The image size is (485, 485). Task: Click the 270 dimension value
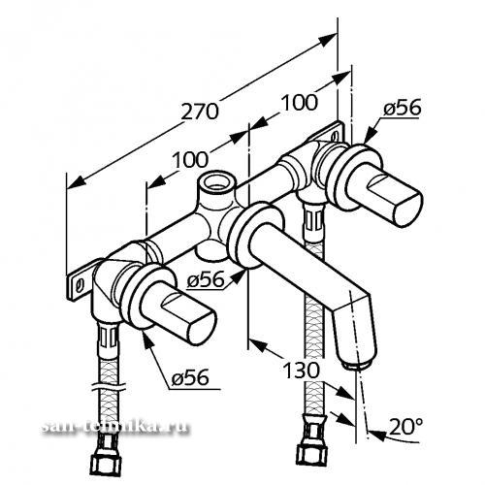pyautogui.click(x=200, y=112)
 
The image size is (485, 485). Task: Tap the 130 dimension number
pyautogui.click(x=301, y=371)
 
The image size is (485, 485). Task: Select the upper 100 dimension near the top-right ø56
pyautogui.click(x=300, y=103)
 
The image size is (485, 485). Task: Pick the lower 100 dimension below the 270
pyautogui.click(x=190, y=159)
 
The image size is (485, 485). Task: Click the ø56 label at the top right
pyautogui.click(x=403, y=108)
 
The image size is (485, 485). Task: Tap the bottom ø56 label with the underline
pyautogui.click(x=190, y=377)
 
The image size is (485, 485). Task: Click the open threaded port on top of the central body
pyautogui.click(x=217, y=180)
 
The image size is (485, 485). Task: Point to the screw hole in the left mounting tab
pyautogui.click(x=79, y=286)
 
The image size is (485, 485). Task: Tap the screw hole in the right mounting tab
pyautogui.click(x=336, y=136)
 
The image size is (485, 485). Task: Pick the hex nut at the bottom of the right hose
pyautogui.click(x=312, y=457)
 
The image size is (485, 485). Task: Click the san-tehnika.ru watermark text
pyautogui.click(x=115, y=428)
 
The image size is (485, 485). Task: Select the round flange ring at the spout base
pyautogui.click(x=256, y=236)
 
